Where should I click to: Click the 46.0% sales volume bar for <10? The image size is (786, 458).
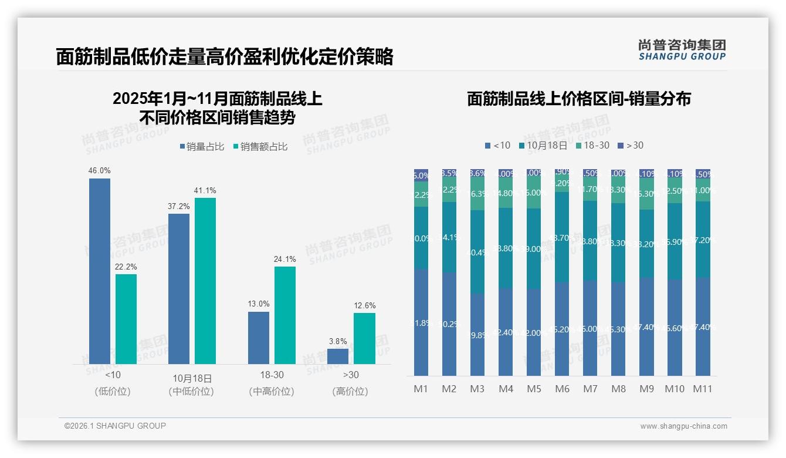tap(100, 271)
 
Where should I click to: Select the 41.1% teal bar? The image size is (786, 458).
tap(205, 281)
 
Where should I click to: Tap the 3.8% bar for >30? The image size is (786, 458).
tap(338, 356)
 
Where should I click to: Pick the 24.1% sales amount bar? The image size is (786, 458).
tap(285, 315)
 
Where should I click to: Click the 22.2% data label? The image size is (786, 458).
tap(126, 267)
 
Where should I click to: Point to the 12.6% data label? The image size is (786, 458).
tap(365, 306)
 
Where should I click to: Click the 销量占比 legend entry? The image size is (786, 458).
tap(202, 147)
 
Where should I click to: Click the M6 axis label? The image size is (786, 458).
tap(562, 389)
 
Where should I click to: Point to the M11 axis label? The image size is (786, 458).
tap(703, 389)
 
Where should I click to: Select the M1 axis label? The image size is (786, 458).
tap(421, 389)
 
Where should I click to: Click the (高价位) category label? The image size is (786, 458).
tap(350, 392)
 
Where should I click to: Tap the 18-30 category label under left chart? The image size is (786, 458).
tap(272, 375)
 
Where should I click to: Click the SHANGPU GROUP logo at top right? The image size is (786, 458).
tap(682, 50)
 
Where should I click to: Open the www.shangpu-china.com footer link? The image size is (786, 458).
tap(683, 426)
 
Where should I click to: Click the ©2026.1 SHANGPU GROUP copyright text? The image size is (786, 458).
tap(115, 426)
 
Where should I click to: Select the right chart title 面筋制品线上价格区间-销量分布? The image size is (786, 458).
tap(578, 99)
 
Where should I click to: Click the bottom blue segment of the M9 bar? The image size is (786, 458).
tap(646, 326)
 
